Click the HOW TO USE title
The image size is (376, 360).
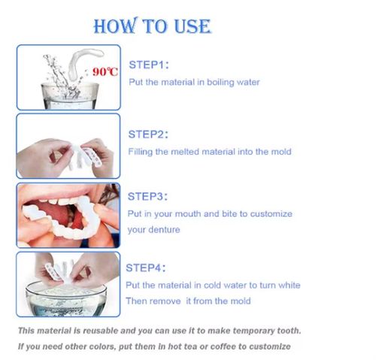pos(152,26)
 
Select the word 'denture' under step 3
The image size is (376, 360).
pos(164,229)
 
